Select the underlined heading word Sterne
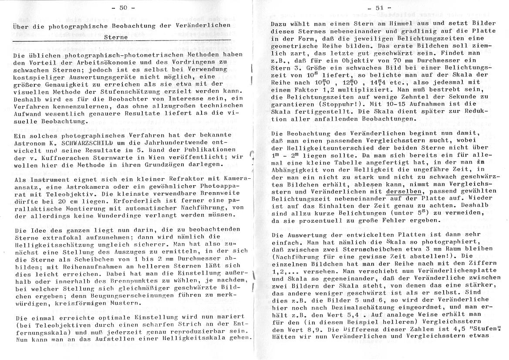pyautogui.click(x=116, y=37)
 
